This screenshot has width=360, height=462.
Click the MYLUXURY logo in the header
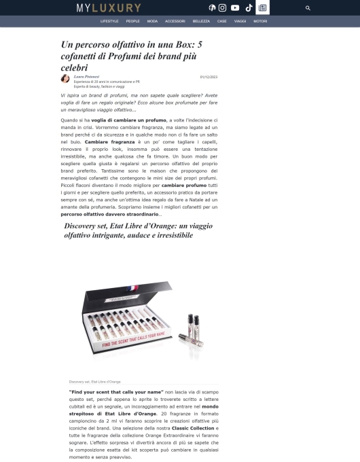pyautogui.click(x=109, y=8)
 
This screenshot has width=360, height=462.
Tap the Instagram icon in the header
pyautogui.click(x=222, y=8)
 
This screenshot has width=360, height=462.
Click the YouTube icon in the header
pyautogui.click(x=235, y=8)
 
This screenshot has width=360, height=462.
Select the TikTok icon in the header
pyautogui.click(x=249, y=8)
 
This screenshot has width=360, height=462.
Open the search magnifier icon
pyautogui.click(x=308, y=8)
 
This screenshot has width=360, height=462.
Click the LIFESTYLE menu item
pyautogui.click(x=109, y=22)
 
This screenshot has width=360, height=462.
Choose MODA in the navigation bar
pyautogui.click(x=152, y=22)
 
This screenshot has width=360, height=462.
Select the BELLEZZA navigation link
pyautogui.click(x=201, y=22)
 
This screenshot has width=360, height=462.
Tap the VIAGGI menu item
pyautogui.click(x=240, y=22)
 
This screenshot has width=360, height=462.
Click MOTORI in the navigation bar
pyautogui.click(x=260, y=22)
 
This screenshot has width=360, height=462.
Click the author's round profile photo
pyautogui.click(x=65, y=79)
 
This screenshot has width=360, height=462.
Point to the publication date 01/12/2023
pyautogui.click(x=208, y=77)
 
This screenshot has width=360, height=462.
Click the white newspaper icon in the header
pyautogui.click(x=262, y=8)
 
